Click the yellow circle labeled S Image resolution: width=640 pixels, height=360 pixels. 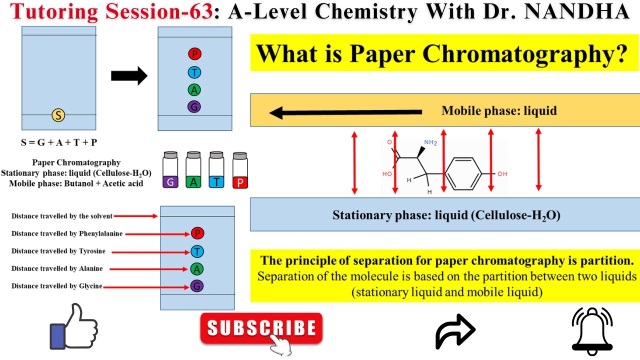pos(58,116)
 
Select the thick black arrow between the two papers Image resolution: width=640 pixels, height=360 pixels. pos(129,76)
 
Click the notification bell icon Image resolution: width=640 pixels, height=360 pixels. pos(592,330)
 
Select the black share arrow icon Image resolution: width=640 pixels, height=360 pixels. pos(455,330)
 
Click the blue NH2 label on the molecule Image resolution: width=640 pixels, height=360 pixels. pos(430,142)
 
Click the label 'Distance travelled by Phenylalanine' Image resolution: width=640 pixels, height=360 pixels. pos(67,233)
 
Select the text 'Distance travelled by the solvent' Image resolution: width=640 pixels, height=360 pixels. pos(62,216)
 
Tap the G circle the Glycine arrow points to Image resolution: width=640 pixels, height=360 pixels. pos(197,286)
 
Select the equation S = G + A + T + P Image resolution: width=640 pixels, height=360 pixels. pos(59,142)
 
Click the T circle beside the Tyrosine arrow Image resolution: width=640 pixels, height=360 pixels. pos(197,251)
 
